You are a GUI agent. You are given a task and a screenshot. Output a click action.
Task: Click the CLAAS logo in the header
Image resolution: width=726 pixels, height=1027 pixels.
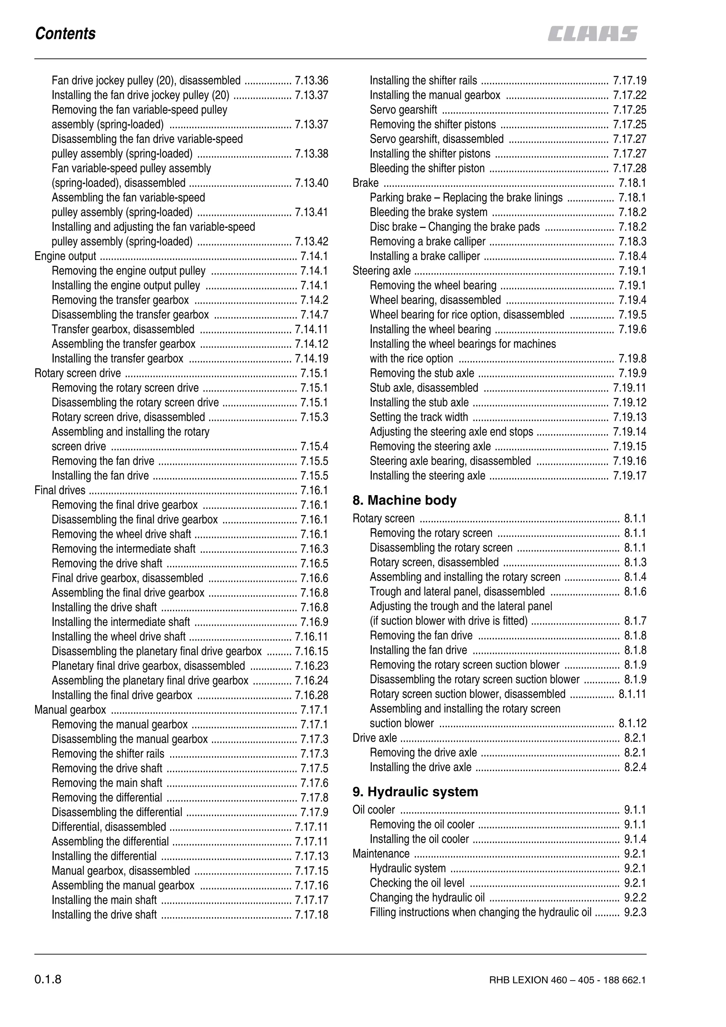[x=592, y=34]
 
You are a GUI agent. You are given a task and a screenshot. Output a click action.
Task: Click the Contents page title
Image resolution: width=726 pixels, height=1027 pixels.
[x=65, y=34]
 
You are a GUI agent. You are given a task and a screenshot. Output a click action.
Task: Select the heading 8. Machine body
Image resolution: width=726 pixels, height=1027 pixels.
[x=404, y=500]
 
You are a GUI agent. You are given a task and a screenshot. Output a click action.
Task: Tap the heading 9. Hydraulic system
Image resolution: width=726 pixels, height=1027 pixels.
[x=415, y=792]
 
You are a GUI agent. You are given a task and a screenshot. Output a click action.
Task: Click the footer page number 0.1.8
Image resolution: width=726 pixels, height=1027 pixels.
[x=48, y=980]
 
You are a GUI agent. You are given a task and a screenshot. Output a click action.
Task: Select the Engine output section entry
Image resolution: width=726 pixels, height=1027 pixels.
[x=65, y=256]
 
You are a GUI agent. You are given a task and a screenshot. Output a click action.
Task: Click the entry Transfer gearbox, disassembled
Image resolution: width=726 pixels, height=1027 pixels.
[x=123, y=330]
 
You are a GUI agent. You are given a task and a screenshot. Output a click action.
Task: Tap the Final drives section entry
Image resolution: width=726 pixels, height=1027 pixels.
[x=60, y=490]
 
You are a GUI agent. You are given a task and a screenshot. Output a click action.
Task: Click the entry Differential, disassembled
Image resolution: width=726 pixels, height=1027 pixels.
[x=109, y=827]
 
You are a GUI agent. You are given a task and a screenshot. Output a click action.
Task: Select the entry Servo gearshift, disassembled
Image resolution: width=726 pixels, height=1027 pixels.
[x=437, y=139]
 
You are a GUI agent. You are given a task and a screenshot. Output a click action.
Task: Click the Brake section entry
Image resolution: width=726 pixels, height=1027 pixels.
[x=365, y=183]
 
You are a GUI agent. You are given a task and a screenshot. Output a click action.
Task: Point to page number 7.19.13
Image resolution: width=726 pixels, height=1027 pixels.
[x=629, y=417]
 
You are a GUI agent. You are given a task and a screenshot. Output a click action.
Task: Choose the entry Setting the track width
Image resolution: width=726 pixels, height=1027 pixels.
[x=419, y=417]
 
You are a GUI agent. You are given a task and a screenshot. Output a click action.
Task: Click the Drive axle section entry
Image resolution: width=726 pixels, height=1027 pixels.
[x=374, y=738]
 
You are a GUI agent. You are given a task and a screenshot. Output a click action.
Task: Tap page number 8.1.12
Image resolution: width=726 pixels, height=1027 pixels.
[x=632, y=723]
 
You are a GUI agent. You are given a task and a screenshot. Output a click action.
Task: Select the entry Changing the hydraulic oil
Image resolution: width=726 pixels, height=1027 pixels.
[x=427, y=898]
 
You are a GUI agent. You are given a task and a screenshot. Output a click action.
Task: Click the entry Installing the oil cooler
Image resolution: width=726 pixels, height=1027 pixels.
[x=419, y=839]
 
